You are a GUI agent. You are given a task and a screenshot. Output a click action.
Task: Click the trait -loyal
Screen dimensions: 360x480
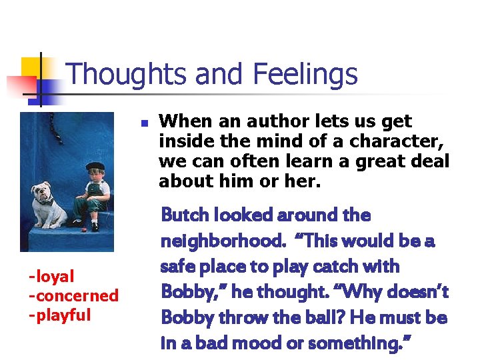click(x=51, y=276)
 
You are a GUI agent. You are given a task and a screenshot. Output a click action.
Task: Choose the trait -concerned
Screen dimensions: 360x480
click(x=73, y=295)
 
